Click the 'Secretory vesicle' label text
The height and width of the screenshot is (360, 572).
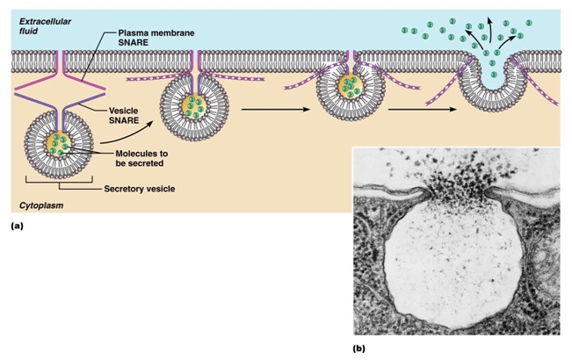click(139, 188)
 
